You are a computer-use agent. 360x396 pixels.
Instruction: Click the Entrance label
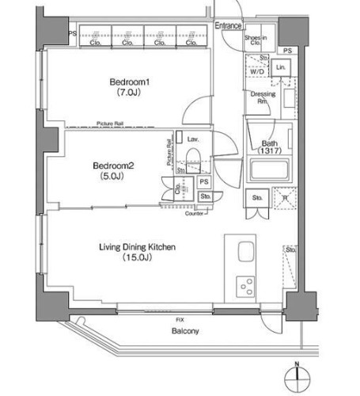[x=229, y=26]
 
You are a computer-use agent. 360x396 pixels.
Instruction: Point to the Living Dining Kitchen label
[x=137, y=247]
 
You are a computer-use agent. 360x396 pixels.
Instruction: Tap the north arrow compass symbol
[x=297, y=376]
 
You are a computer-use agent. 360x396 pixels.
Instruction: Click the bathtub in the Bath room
[x=270, y=170]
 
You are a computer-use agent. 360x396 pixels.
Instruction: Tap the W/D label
[x=257, y=70]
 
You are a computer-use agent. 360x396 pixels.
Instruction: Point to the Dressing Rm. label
[x=263, y=97]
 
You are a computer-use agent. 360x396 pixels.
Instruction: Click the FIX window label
[x=180, y=318]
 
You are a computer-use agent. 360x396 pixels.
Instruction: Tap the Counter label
[x=195, y=214]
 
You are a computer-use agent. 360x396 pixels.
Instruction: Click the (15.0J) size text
[x=136, y=258]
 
